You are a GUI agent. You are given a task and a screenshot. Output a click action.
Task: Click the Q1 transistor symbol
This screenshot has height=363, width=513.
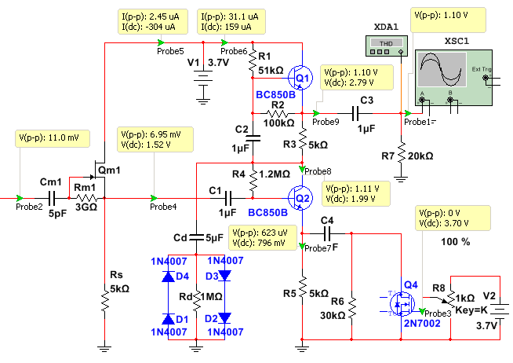tap(300, 78)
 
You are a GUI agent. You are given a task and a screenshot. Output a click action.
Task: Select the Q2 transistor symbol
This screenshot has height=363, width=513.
tap(300, 198)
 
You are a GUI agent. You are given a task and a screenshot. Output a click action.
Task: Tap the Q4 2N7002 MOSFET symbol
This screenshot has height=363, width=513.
tap(402, 304)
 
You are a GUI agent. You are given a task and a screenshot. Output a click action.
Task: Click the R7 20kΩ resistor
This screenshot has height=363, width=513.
tap(401, 152)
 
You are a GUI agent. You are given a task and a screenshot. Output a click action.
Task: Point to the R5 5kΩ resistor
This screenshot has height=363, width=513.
tap(302, 287)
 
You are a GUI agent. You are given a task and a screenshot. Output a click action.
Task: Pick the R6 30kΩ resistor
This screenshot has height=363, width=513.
tap(351, 308)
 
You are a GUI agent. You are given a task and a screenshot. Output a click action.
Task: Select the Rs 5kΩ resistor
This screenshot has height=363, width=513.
tap(104, 302)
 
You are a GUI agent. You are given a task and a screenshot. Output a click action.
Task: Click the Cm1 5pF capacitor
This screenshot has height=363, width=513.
tap(51, 198)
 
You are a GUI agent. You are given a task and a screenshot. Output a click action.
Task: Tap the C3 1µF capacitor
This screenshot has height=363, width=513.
tap(355, 114)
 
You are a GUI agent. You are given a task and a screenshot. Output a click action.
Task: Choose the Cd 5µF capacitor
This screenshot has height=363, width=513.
tap(196, 237)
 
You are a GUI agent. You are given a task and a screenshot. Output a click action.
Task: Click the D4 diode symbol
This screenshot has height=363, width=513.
tap(168, 277)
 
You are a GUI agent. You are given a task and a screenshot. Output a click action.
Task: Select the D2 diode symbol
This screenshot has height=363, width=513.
tap(224, 317)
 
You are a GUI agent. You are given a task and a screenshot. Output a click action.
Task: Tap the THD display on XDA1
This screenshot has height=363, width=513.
tap(386, 43)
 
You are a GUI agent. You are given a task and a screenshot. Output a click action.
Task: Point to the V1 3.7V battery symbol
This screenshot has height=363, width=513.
tap(203, 78)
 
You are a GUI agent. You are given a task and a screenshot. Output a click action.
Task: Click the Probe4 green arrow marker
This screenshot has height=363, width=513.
tap(154, 198)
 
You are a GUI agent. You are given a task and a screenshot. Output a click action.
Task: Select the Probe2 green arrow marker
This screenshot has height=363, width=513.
tap(20, 198)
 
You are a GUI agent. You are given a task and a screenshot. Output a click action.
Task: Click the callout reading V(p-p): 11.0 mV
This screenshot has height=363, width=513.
tap(53, 138)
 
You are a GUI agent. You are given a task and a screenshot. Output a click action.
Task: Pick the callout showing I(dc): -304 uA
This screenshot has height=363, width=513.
tap(153, 22)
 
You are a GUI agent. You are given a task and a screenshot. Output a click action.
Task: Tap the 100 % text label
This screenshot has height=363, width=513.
tap(456, 242)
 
